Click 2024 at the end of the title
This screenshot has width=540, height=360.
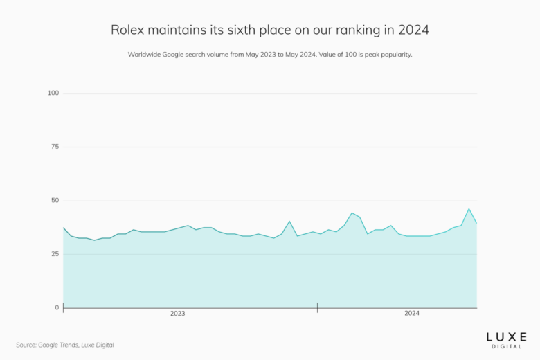click(413, 30)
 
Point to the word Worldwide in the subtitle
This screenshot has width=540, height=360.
click(145, 55)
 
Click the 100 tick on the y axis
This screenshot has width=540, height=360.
click(53, 93)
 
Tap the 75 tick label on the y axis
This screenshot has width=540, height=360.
click(55, 147)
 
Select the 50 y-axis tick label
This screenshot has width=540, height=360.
click(55, 201)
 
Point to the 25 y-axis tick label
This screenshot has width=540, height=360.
click(55, 254)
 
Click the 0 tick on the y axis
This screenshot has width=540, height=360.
click(57, 307)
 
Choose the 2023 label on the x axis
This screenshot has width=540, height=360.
click(177, 314)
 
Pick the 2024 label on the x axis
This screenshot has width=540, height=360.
click(412, 314)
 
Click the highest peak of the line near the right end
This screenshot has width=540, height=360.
click(469, 208)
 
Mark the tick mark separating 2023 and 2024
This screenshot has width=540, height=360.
click(317, 307)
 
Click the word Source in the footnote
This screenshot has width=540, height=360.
click(27, 345)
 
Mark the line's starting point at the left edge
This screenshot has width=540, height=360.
click(63, 228)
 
